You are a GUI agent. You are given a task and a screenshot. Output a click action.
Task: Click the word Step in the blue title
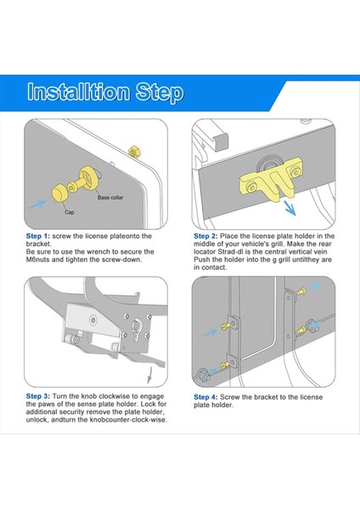coord(160,92)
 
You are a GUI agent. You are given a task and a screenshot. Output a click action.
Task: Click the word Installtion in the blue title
coord(78,92)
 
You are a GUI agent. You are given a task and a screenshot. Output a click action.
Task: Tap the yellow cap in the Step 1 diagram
coord(59,193)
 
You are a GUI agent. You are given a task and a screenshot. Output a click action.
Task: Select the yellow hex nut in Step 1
coord(134,151)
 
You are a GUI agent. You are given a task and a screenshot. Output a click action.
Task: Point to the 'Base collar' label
coord(110,198)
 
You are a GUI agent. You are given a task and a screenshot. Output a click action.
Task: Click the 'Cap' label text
coord(70,212)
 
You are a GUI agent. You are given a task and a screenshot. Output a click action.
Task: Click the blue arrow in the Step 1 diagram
coord(37,204)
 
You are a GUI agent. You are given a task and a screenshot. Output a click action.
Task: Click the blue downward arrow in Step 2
coord(290,208)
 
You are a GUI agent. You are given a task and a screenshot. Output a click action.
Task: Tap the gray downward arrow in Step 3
coord(149,375)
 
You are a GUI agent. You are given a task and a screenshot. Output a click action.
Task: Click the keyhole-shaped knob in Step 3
coord(137,330)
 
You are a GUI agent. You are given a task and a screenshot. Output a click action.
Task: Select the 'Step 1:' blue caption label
coord(38,236)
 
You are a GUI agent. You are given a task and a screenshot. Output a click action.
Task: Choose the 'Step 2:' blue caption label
coord(205,236)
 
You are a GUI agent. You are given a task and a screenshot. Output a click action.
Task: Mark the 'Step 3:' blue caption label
coord(38,396)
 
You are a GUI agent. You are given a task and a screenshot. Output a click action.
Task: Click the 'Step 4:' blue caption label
coord(205,397)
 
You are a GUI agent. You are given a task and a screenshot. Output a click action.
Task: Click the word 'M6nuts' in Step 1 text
coord(38,260)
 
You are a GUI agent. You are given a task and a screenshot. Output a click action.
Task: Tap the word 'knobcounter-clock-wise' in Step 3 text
coord(128,420)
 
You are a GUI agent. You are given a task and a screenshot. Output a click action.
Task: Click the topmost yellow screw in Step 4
coord(301,291)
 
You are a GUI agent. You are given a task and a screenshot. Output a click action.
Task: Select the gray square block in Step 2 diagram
coord(222,140)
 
